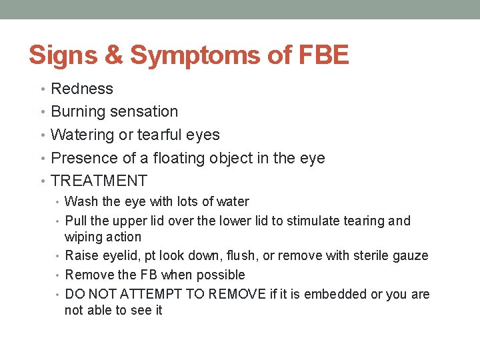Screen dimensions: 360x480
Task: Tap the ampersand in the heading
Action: (114, 55)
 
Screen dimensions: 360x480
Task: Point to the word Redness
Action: (82, 89)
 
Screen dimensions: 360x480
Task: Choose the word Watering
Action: (82, 135)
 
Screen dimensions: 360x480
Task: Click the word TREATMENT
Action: (99, 181)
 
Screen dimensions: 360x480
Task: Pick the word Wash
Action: (81, 201)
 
